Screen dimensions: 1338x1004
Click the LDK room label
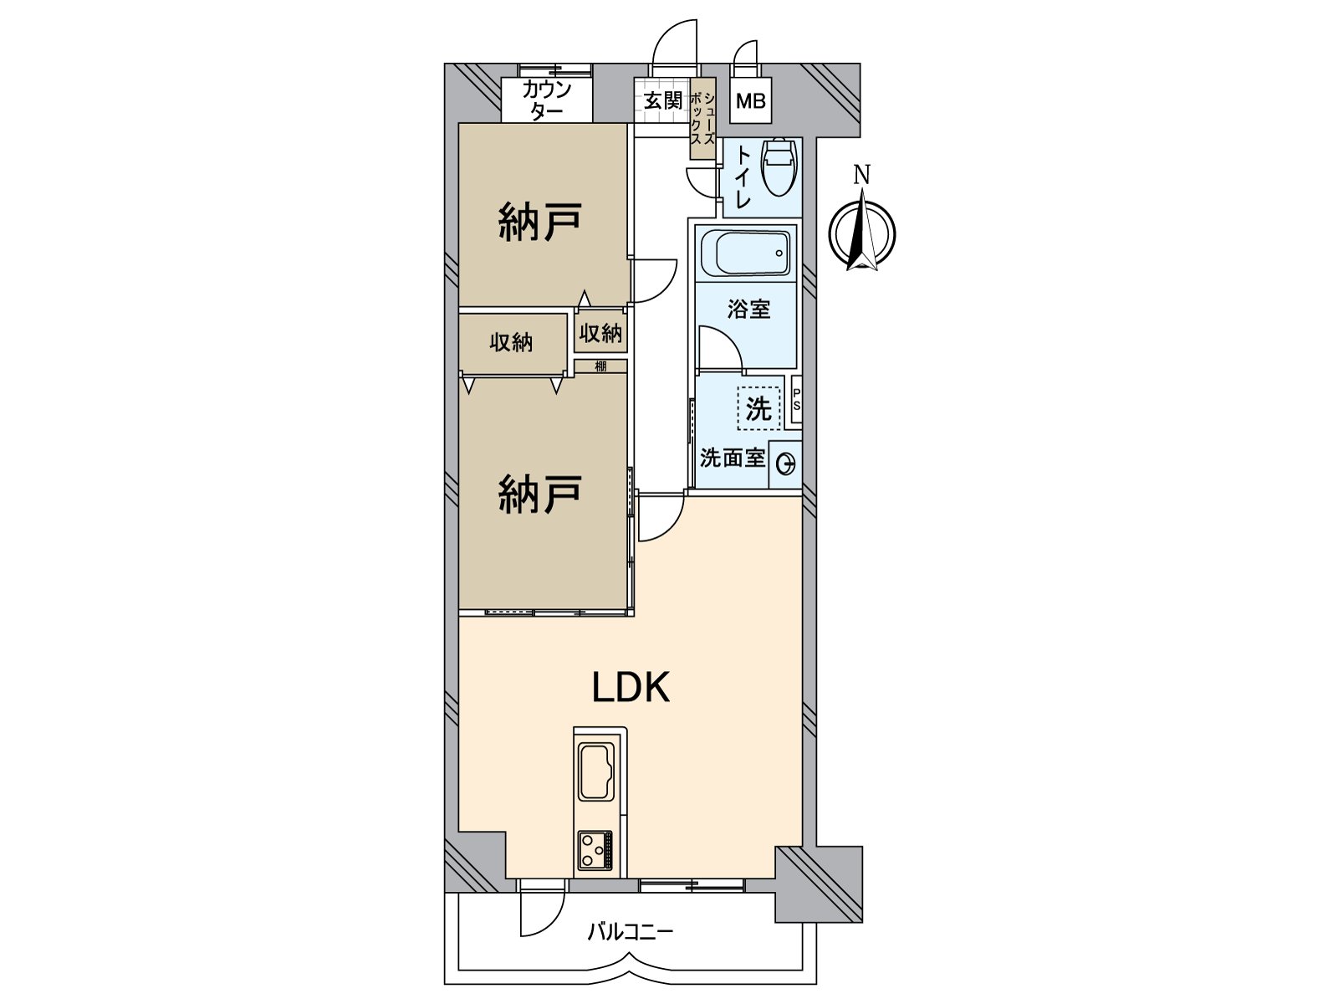point(631,688)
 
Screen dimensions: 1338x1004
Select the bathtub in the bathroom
point(745,253)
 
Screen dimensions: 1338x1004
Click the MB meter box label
point(750,100)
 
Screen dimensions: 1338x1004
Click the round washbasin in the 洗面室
point(786,465)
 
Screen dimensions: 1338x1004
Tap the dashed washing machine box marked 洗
point(759,407)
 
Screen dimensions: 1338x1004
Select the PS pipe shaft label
point(797,400)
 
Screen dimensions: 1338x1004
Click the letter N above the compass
point(861,175)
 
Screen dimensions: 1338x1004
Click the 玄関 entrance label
point(663,100)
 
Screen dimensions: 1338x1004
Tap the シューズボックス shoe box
point(702,119)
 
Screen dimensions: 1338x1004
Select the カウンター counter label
point(547,100)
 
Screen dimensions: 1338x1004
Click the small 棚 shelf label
point(600,366)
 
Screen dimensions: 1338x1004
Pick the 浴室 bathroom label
point(748,309)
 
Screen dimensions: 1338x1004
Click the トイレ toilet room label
point(741,177)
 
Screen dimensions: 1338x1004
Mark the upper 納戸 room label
point(539,222)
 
